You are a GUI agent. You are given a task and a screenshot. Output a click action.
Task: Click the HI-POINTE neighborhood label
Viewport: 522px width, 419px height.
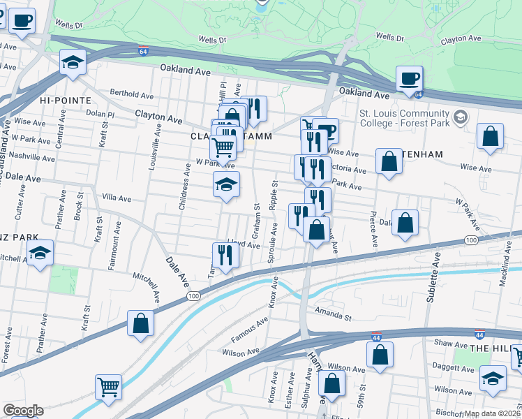point(66,101)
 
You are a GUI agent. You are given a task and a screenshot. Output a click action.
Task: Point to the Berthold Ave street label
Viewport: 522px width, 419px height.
point(132,94)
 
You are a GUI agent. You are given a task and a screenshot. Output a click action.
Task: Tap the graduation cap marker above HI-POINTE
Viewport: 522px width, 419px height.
point(73,62)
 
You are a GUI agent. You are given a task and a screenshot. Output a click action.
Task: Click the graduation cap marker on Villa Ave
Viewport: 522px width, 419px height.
point(226,184)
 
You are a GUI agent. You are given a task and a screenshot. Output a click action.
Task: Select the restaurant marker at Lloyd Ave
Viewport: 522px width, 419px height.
point(225,255)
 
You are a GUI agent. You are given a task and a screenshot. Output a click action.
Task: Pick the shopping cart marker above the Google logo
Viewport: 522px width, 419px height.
point(108,386)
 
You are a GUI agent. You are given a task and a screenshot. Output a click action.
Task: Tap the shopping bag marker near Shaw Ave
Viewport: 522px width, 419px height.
point(380,354)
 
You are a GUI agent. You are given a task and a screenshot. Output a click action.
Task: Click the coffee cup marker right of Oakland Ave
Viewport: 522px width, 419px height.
point(409,78)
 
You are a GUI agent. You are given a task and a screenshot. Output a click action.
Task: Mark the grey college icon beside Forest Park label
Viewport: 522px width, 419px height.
point(459,116)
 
